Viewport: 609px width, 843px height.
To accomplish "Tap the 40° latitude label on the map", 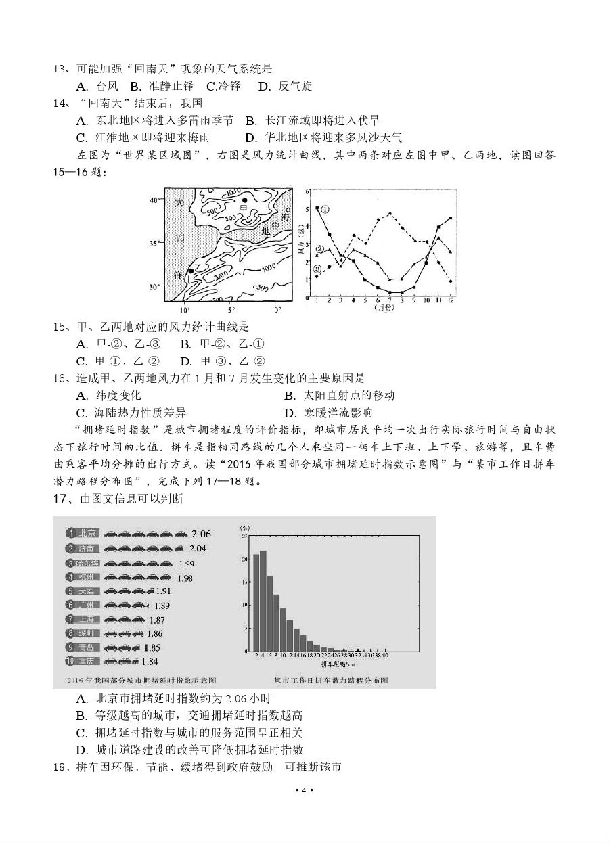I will [x=154, y=200].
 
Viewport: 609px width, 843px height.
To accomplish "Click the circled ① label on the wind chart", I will [x=325, y=209].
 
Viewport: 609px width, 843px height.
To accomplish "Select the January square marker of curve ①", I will [x=317, y=208].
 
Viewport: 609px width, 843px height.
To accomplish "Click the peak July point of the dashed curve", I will [x=390, y=214].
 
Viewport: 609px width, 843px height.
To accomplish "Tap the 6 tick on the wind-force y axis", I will [x=308, y=191].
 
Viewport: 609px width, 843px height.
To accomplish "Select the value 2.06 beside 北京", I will [x=201, y=534].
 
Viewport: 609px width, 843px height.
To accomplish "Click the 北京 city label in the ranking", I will [x=88, y=533].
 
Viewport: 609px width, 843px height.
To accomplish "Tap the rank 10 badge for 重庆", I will [x=70, y=661].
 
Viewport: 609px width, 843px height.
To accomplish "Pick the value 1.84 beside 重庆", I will [x=150, y=661].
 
